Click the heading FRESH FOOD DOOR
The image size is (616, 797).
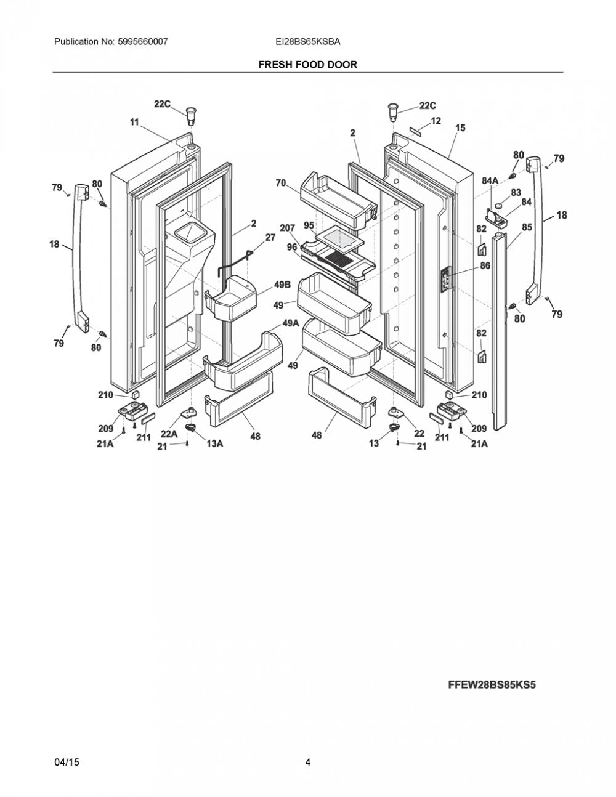point(307,65)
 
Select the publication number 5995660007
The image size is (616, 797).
point(143,41)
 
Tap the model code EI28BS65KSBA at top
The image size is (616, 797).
point(308,41)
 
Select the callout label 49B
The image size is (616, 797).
point(282,285)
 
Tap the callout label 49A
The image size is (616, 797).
point(291,323)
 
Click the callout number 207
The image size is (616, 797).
point(288,228)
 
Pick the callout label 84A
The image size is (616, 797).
point(490,180)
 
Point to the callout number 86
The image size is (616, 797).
point(485,265)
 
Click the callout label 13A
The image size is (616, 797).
point(214,443)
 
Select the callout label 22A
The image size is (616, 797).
point(169,434)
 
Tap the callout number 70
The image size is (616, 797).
point(280,182)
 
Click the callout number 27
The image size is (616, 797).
point(270,237)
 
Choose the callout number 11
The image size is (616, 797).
point(134,122)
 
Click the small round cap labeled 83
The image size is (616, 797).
point(498,205)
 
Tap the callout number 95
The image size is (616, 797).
point(309,225)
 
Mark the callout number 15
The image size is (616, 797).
point(460,127)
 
